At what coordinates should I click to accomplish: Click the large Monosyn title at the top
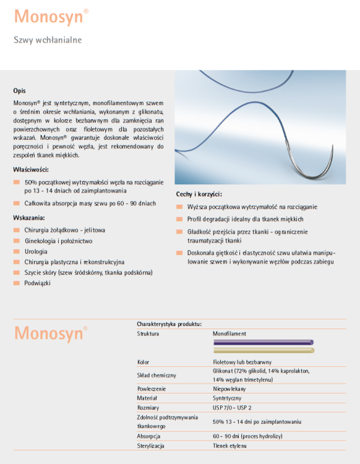[48, 17]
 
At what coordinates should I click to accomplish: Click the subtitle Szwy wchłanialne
[48, 40]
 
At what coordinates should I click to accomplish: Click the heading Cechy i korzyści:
[199, 194]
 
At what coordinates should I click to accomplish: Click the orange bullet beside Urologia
[17, 252]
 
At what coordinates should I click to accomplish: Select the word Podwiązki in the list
[38, 283]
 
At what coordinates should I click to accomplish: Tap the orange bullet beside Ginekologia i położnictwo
[17, 241]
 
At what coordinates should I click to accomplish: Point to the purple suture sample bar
[263, 342]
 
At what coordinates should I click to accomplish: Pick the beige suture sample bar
[263, 350]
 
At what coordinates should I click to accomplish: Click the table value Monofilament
[229, 333]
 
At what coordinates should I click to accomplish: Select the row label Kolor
[144, 362]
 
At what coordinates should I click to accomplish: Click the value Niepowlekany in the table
[230, 388]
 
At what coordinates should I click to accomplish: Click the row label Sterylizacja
[151, 445]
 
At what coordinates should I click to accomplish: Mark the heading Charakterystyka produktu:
[169, 324]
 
